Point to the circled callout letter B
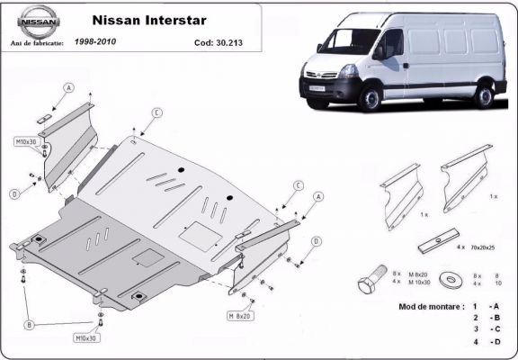[x=30, y=324]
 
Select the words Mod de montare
[x=430, y=306]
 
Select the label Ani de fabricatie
[x=32, y=42]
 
